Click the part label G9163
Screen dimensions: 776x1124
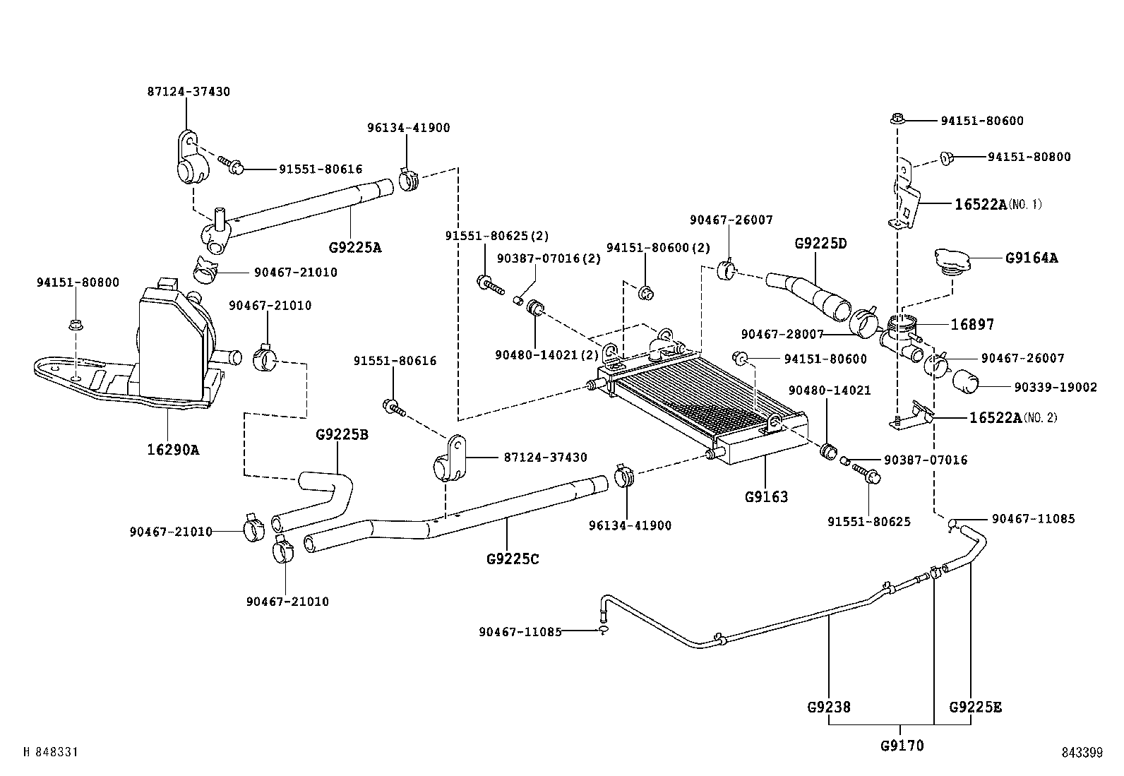[766, 496]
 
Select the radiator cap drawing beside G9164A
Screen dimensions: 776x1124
[955, 263]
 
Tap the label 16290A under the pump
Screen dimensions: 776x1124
[173, 448]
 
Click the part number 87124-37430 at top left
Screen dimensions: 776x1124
[189, 92]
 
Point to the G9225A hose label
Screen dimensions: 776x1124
[355, 248]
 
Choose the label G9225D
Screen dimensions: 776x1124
[820, 244]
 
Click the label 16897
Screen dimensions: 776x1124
[972, 324]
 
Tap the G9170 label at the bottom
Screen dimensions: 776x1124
[902, 745]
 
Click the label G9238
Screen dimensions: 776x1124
[829, 706]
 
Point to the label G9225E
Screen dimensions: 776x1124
[975, 706]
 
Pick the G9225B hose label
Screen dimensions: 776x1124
[342, 434]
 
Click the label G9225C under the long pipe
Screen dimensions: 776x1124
[513, 559]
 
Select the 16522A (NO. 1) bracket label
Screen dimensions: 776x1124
[998, 205]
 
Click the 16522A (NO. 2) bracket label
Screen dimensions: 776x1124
[1012, 417]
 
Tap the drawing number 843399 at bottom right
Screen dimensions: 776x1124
[1081, 753]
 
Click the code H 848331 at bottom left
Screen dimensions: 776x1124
[51, 753]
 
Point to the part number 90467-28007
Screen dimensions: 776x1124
[782, 333]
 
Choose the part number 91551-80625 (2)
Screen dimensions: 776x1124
[496, 235]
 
